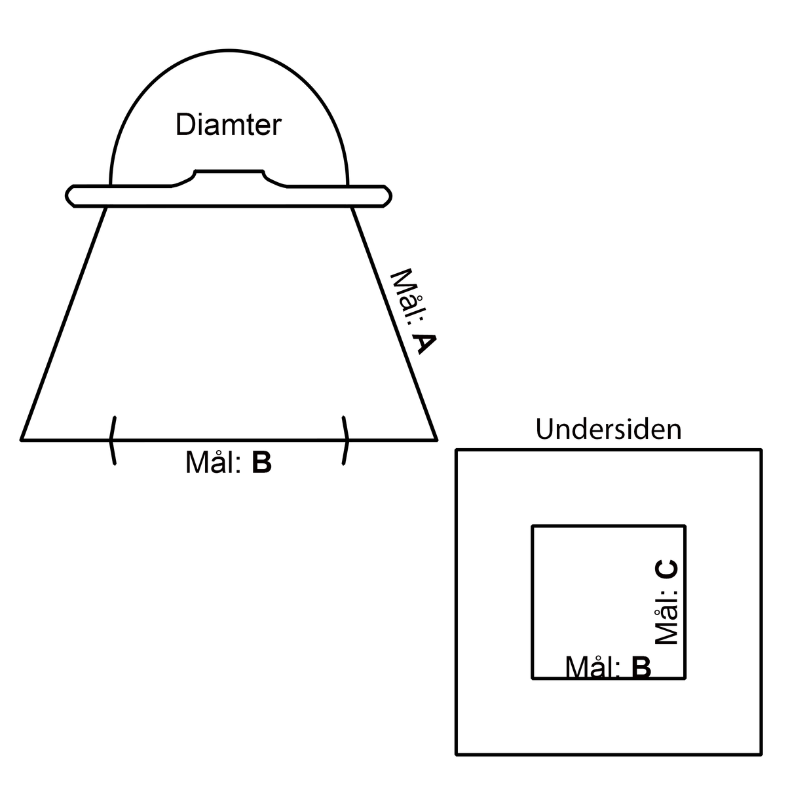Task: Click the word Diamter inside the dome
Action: [229, 124]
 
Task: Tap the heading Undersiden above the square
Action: [609, 429]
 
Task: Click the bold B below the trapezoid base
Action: [261, 462]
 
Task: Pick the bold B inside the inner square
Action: [641, 667]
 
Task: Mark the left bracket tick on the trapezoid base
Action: [113, 441]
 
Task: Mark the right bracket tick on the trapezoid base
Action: [346, 441]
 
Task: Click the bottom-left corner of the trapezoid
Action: [22, 441]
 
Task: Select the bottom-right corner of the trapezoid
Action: [436, 441]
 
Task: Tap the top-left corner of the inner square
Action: [532, 526]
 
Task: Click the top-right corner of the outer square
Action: [761, 450]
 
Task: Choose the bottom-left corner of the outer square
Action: [457, 754]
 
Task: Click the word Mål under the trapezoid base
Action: [213, 462]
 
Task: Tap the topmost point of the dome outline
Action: [229, 51]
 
